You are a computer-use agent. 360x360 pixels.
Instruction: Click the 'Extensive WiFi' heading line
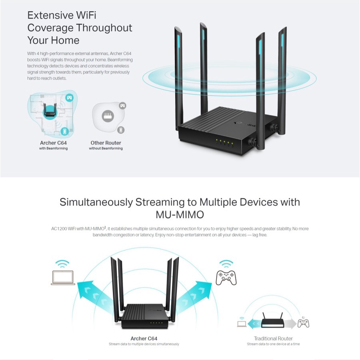(62, 15)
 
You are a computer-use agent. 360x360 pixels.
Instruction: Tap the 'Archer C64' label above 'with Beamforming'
(53, 143)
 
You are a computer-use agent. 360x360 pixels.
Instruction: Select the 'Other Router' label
(106, 143)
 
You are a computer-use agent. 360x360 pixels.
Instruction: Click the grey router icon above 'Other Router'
(108, 116)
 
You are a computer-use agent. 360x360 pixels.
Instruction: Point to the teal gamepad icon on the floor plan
(69, 98)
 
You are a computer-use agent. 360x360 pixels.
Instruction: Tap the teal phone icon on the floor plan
(65, 132)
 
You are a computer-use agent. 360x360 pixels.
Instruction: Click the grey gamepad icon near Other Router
(123, 106)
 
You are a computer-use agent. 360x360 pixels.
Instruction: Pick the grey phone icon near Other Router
(121, 130)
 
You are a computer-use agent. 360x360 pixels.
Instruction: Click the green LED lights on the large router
(224, 142)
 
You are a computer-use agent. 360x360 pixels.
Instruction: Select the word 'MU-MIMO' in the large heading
(180, 215)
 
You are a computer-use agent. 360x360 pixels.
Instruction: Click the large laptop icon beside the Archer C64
(63, 278)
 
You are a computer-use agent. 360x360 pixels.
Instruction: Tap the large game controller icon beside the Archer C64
(226, 278)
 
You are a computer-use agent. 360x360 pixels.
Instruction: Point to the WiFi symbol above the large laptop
(62, 264)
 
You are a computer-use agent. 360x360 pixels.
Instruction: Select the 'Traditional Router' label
(273, 338)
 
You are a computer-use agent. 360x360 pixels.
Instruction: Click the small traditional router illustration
(272, 320)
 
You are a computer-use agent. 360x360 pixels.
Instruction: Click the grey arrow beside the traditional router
(290, 324)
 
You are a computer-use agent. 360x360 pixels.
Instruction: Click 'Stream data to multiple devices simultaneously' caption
(144, 344)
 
